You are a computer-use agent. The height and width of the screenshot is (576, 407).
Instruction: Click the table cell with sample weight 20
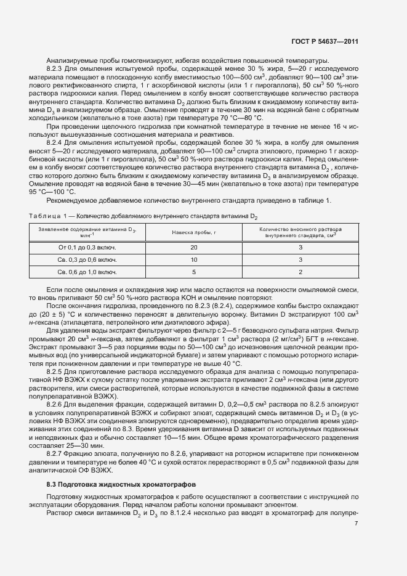coord(194,246)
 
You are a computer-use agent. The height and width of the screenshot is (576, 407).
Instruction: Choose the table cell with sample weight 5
coord(194,271)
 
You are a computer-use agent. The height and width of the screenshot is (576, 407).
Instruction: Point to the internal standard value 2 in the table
coord(300,271)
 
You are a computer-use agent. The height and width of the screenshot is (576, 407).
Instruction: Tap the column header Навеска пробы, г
coord(194,232)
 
